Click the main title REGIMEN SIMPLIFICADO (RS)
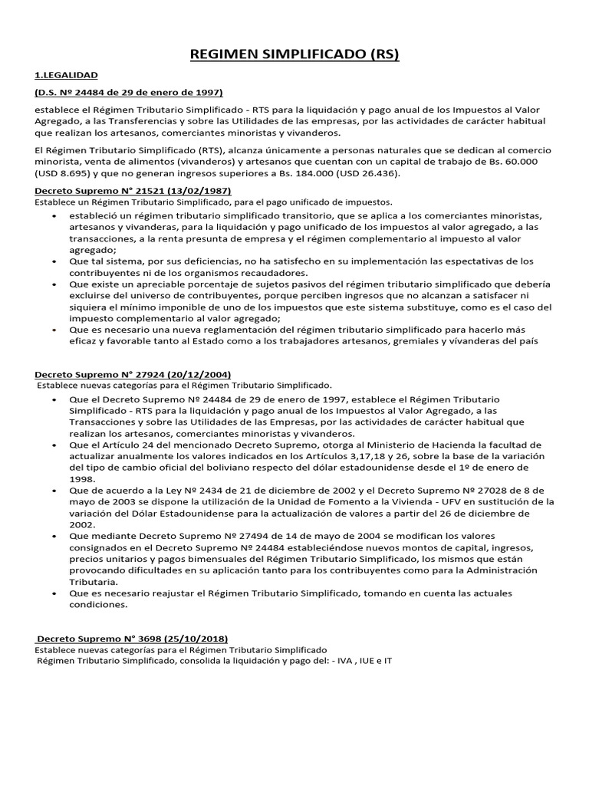pyautogui.click(x=294, y=54)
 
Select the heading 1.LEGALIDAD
pyautogui.click(x=66, y=75)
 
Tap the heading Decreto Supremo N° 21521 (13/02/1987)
pyautogui.click(x=133, y=190)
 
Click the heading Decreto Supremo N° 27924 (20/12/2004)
pyautogui.click(x=133, y=374)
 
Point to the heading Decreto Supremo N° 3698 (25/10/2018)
pyautogui.click(x=131, y=639)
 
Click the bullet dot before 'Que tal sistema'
pyautogui.click(x=54, y=261)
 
